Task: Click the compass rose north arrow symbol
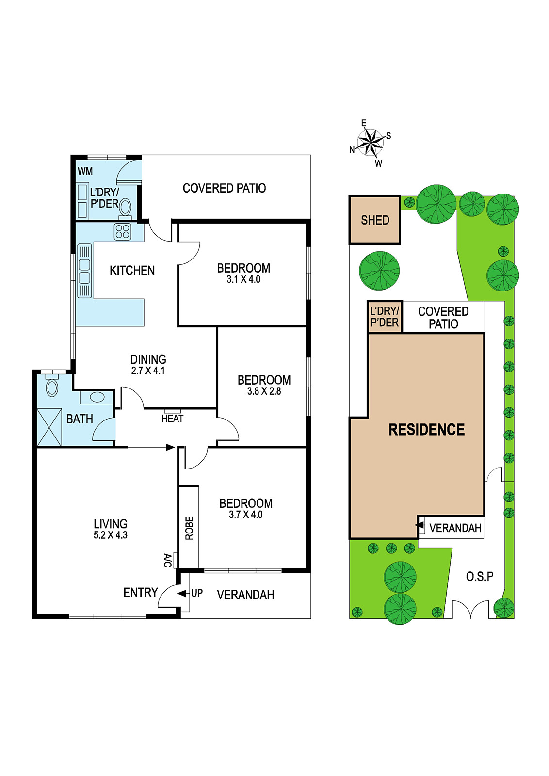371,143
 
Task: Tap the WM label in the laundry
85,171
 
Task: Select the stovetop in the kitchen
123,232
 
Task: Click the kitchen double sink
84,271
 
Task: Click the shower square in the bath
49,427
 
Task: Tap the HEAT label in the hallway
172,419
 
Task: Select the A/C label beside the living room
168,560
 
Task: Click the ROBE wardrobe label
189,528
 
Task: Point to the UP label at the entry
197,593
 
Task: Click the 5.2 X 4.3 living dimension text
111,535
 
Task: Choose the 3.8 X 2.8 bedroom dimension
264,391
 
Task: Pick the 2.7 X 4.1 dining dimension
148,371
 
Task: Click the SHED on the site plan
375,220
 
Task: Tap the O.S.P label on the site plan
479,577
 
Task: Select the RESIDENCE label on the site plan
427,430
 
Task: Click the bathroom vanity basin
97,397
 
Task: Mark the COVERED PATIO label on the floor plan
224,188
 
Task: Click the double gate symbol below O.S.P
470,609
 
